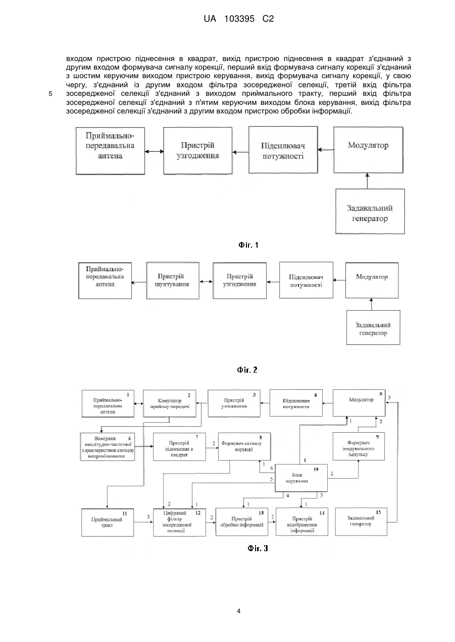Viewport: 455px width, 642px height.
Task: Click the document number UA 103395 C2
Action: [x=238, y=19]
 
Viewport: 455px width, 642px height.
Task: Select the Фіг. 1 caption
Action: [x=248, y=245]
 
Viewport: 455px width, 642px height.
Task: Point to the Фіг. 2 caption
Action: [x=247, y=370]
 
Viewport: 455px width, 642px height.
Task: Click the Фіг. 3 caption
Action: [x=258, y=548]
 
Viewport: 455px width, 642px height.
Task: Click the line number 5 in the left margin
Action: [x=50, y=94]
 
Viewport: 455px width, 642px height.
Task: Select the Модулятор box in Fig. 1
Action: [x=368, y=150]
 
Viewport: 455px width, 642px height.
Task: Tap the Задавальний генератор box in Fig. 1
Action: [x=370, y=211]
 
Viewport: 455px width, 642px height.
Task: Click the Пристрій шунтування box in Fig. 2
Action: [x=173, y=280]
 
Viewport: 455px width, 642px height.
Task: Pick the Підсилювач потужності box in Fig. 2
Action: [x=306, y=280]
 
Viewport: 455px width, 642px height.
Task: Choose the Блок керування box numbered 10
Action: [x=301, y=478]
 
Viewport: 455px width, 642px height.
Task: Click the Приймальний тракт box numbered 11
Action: [x=108, y=522]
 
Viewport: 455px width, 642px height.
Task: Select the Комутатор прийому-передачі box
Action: [x=170, y=403]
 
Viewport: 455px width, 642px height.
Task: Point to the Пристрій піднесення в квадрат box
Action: [x=179, y=447]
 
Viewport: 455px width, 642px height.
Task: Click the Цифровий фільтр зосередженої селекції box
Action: [x=179, y=522]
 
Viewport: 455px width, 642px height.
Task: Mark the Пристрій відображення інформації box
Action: [x=301, y=521]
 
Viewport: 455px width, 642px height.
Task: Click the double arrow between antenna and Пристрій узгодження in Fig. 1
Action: [x=154, y=152]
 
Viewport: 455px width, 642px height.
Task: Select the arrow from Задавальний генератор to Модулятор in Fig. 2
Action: [x=371, y=305]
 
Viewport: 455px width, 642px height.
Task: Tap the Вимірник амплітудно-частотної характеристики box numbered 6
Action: [x=108, y=447]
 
